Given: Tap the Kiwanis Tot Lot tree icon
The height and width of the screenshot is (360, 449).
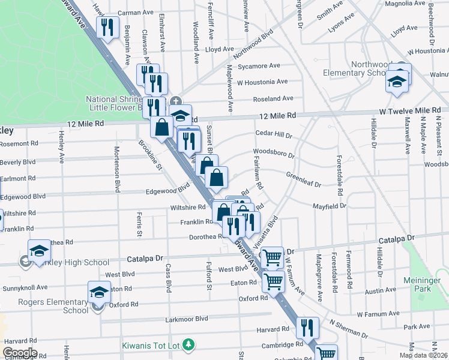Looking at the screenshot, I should pyautogui.click(x=190, y=344).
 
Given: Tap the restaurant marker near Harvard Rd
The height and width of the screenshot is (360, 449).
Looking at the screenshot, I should pyautogui.click(x=307, y=328).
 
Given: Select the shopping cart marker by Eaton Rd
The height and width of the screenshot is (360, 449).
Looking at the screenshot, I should pyautogui.click(x=273, y=280).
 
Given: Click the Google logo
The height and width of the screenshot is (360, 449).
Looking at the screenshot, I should pyautogui.click(x=19, y=353).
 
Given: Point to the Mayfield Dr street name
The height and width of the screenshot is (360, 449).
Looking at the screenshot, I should pyautogui.click(x=330, y=206).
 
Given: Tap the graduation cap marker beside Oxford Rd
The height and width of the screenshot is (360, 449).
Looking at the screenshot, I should pyautogui.click(x=99, y=293).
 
